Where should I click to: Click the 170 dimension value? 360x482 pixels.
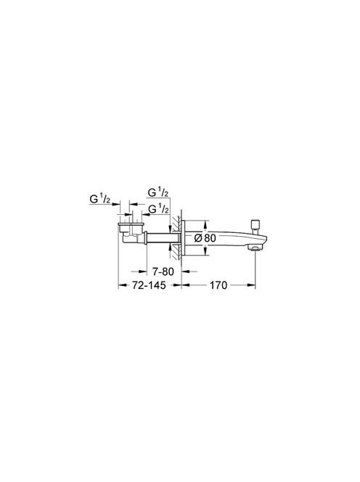218,285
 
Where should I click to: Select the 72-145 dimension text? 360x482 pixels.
149,285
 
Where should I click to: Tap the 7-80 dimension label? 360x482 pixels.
163,271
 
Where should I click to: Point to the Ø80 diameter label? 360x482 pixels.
205,238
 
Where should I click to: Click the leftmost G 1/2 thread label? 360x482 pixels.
100,199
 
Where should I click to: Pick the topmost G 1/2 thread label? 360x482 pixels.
158,193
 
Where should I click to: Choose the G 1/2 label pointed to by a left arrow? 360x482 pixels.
159,209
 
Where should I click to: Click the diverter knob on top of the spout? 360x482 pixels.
255,226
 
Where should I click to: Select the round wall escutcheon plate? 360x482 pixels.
183,238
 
